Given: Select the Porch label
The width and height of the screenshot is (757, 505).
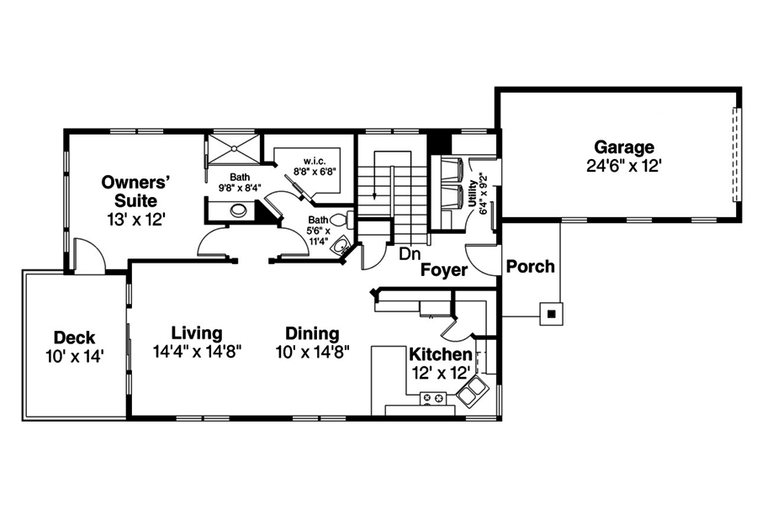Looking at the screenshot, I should [x=530, y=267].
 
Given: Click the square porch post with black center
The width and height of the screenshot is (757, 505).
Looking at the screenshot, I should [x=551, y=315].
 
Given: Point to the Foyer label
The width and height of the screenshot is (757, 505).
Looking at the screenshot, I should [x=444, y=270].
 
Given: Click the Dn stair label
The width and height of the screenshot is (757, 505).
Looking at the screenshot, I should [x=409, y=252].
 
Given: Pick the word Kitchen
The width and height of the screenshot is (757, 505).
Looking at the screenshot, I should [x=440, y=354].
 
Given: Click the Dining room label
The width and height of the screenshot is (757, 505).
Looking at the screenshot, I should [x=312, y=333].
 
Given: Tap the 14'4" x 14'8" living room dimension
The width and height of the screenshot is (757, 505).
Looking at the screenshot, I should [x=198, y=352].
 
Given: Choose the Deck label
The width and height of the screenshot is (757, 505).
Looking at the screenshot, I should [x=74, y=338].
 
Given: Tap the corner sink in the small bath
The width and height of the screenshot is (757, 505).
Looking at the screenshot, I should [x=339, y=246].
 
